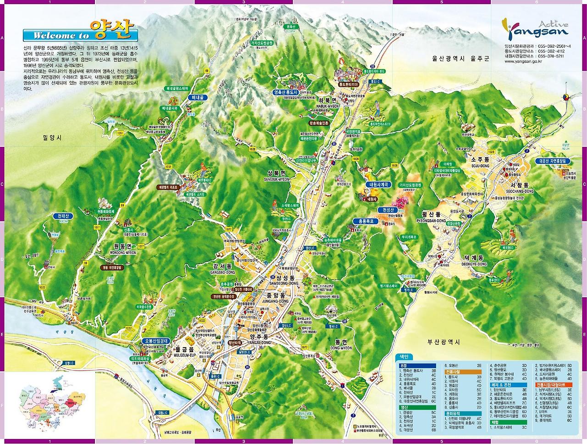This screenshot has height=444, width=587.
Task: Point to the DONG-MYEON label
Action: [340, 348]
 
